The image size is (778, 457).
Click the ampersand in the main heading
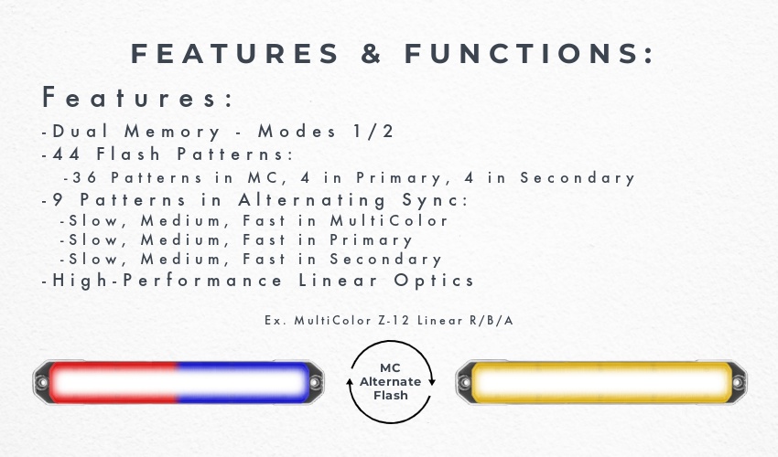(371, 54)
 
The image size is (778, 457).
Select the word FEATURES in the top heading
(234, 54)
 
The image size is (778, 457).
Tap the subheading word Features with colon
(137, 97)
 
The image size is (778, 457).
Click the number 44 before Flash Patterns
(66, 154)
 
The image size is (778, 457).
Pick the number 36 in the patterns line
(84, 177)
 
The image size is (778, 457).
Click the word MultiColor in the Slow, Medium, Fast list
(389, 220)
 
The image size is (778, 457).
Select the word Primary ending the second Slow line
(371, 240)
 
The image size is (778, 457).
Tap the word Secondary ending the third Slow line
(385, 260)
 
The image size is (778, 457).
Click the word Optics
(434, 281)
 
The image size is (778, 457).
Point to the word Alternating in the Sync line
(312, 200)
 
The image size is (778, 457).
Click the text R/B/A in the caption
(492, 320)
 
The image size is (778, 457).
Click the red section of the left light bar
(113, 382)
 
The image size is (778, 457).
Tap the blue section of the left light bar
(243, 382)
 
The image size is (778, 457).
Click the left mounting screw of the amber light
(465, 382)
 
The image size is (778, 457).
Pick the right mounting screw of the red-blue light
(315, 382)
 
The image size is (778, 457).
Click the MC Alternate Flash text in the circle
(391, 382)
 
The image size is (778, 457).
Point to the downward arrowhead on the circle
(432, 382)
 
